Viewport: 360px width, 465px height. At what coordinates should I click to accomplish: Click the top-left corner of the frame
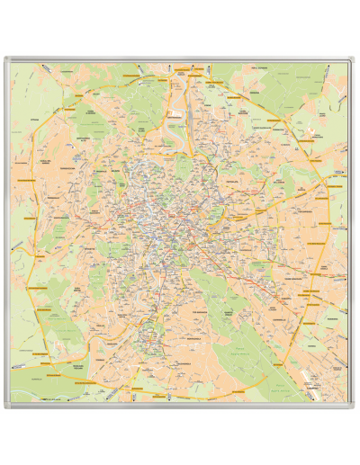click(x=5, y=58)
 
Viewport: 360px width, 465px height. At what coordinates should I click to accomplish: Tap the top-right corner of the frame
click(x=355, y=58)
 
